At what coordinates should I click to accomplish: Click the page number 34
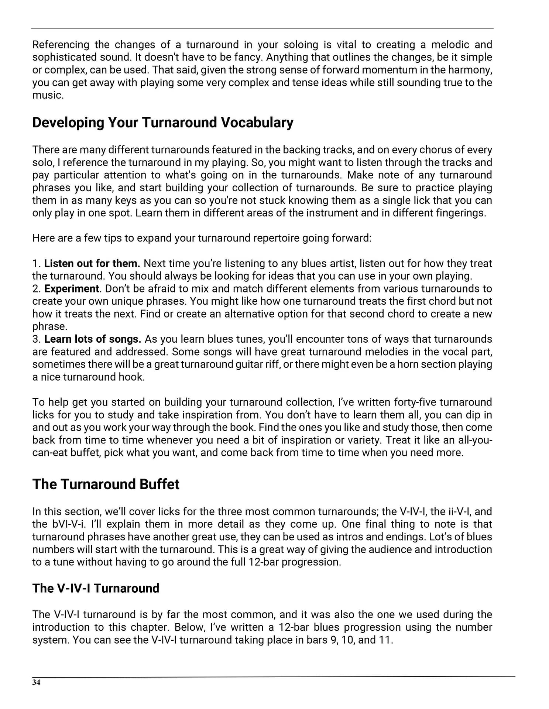coord(36,682)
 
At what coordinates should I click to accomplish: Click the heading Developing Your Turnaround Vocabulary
coord(163,122)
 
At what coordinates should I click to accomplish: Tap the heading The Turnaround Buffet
coord(106,484)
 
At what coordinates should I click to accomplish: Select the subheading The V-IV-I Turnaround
coord(96,588)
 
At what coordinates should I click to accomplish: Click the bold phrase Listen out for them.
coord(92,263)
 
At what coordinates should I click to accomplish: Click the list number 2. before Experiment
coord(36,288)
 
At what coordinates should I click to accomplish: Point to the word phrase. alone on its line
coord(50,326)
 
